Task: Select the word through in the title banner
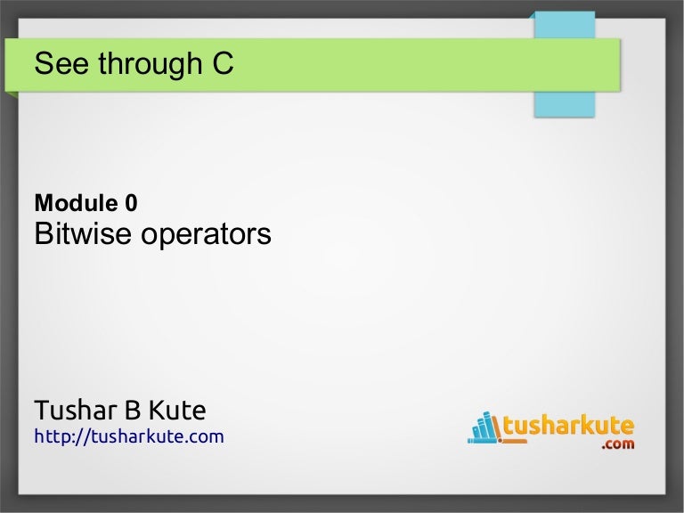click(142, 64)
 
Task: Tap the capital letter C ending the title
click(223, 64)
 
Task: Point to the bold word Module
click(72, 204)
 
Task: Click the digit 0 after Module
click(131, 204)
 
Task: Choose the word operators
click(205, 235)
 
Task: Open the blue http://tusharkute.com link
click(128, 436)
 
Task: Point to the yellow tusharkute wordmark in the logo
click(569, 427)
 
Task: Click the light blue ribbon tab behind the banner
click(563, 102)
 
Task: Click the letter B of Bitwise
click(43, 234)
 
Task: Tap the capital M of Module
click(43, 204)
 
